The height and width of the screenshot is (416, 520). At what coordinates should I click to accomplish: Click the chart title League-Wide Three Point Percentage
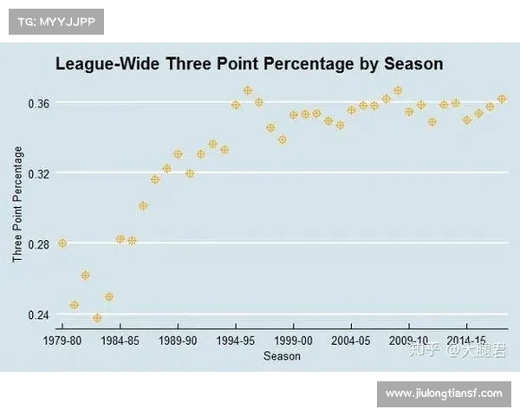(249, 64)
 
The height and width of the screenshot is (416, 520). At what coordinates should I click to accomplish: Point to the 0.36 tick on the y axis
(39, 103)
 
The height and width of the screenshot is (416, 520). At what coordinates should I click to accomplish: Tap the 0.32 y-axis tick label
(39, 173)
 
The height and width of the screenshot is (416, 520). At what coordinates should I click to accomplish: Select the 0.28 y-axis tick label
(39, 244)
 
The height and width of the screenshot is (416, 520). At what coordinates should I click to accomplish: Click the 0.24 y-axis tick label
(39, 315)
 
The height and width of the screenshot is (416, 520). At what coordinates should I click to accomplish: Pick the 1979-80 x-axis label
(62, 341)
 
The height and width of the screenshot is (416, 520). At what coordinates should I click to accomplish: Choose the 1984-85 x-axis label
(120, 341)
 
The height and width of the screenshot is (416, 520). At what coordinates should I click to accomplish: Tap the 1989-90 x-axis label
(178, 341)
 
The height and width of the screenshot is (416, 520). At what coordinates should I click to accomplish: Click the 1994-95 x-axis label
(236, 341)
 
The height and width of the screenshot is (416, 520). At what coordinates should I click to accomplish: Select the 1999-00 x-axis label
(294, 341)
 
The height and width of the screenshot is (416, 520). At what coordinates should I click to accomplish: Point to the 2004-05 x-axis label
(351, 341)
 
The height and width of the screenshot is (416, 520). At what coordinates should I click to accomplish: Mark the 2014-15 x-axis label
(467, 341)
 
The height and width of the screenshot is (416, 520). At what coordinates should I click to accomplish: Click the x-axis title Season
(282, 356)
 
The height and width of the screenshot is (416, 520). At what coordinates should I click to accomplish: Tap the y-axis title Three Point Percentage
(17, 205)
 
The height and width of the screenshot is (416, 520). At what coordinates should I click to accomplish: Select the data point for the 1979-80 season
(62, 244)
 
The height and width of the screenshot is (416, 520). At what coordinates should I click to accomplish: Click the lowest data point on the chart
(97, 318)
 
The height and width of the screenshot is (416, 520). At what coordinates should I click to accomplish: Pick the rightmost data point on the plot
(502, 99)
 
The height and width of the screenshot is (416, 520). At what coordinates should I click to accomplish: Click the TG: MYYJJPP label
(56, 22)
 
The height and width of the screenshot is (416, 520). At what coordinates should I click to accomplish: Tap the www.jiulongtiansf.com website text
(444, 393)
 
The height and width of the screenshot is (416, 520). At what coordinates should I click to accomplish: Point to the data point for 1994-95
(236, 105)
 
